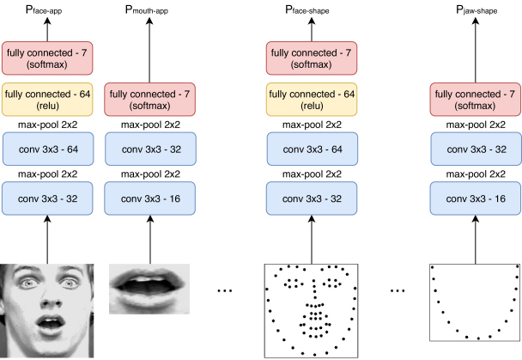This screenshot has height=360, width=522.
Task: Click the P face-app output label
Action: pyautogui.click(x=44, y=9)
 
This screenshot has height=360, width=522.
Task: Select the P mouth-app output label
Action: pyautogui.click(x=147, y=9)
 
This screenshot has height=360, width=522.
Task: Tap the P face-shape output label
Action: pyautogui.click(x=307, y=9)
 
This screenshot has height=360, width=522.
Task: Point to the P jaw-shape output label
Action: pyautogui.click(x=476, y=9)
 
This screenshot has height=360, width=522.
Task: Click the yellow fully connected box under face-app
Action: pyautogui.click(x=47, y=100)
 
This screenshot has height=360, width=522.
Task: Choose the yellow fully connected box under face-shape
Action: pyautogui.click(x=312, y=100)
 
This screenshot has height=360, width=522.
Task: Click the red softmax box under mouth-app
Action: pyautogui.click(x=149, y=100)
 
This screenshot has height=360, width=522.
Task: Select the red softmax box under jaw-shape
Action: pyautogui.click(x=476, y=100)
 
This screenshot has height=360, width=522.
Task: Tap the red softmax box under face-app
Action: pyautogui.click(x=47, y=58)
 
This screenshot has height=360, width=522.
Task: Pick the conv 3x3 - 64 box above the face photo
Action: pyautogui.click(x=48, y=149)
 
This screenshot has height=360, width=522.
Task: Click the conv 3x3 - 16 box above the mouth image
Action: pyautogui.click(x=149, y=198)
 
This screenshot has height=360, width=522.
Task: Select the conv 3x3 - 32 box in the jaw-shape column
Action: pyautogui.click(x=476, y=149)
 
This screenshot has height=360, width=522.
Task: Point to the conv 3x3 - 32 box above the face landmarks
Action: pyautogui.click(x=312, y=198)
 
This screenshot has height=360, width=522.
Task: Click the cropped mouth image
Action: pyautogui.click(x=149, y=289)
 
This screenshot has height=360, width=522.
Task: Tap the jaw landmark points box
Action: pyautogui.click(x=475, y=302)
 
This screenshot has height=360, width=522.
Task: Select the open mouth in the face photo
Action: pyautogui.click(x=51, y=323)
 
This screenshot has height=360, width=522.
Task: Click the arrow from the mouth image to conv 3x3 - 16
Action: pyautogui.click(x=150, y=240)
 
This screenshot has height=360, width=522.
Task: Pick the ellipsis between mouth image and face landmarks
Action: pyautogui.click(x=225, y=290)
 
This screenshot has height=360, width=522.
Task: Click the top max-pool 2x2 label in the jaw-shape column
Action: pyautogui.click(x=476, y=125)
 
